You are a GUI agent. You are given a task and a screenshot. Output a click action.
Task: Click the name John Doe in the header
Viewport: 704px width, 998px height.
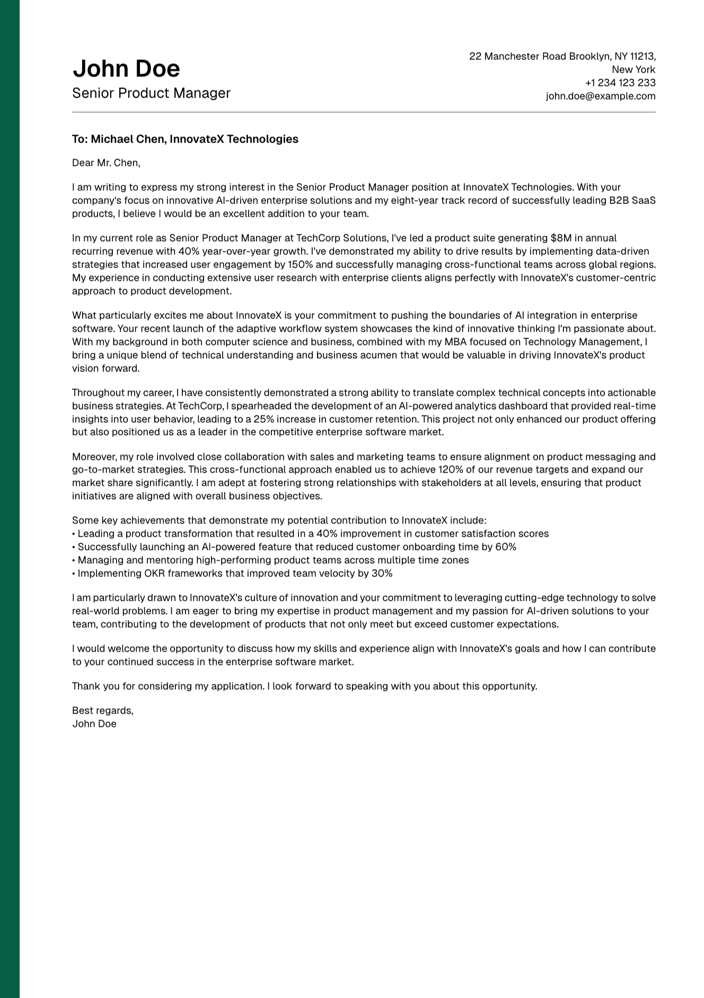(x=126, y=69)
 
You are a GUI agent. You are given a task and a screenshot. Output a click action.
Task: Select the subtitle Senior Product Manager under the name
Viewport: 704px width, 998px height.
(x=151, y=93)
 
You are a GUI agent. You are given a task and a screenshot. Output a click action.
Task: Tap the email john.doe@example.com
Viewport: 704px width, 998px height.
(x=601, y=96)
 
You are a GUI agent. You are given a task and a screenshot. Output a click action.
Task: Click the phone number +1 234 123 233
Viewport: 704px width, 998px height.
(x=620, y=83)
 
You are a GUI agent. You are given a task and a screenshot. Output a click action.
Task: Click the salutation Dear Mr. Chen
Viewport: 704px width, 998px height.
(x=106, y=163)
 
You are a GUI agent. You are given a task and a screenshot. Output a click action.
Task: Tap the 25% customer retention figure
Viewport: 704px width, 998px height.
(x=263, y=420)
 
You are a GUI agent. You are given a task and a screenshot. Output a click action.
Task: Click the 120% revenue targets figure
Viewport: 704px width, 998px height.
(x=450, y=470)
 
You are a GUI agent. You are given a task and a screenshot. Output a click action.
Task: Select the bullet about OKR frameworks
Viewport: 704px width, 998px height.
(x=233, y=574)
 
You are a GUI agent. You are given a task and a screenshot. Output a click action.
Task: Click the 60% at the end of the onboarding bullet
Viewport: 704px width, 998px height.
(x=506, y=547)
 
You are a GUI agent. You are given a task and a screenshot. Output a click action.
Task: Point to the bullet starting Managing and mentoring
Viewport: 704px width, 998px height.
(x=270, y=560)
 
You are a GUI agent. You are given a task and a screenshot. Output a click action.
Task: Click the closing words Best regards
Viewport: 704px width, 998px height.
(x=103, y=711)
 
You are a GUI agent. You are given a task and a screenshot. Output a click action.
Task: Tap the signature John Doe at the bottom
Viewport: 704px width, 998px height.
(x=94, y=724)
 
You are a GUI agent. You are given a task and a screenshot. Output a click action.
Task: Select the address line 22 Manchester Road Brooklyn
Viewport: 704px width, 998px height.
(x=562, y=57)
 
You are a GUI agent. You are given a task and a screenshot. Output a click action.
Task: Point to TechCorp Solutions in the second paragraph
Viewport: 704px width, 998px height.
(x=341, y=238)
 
